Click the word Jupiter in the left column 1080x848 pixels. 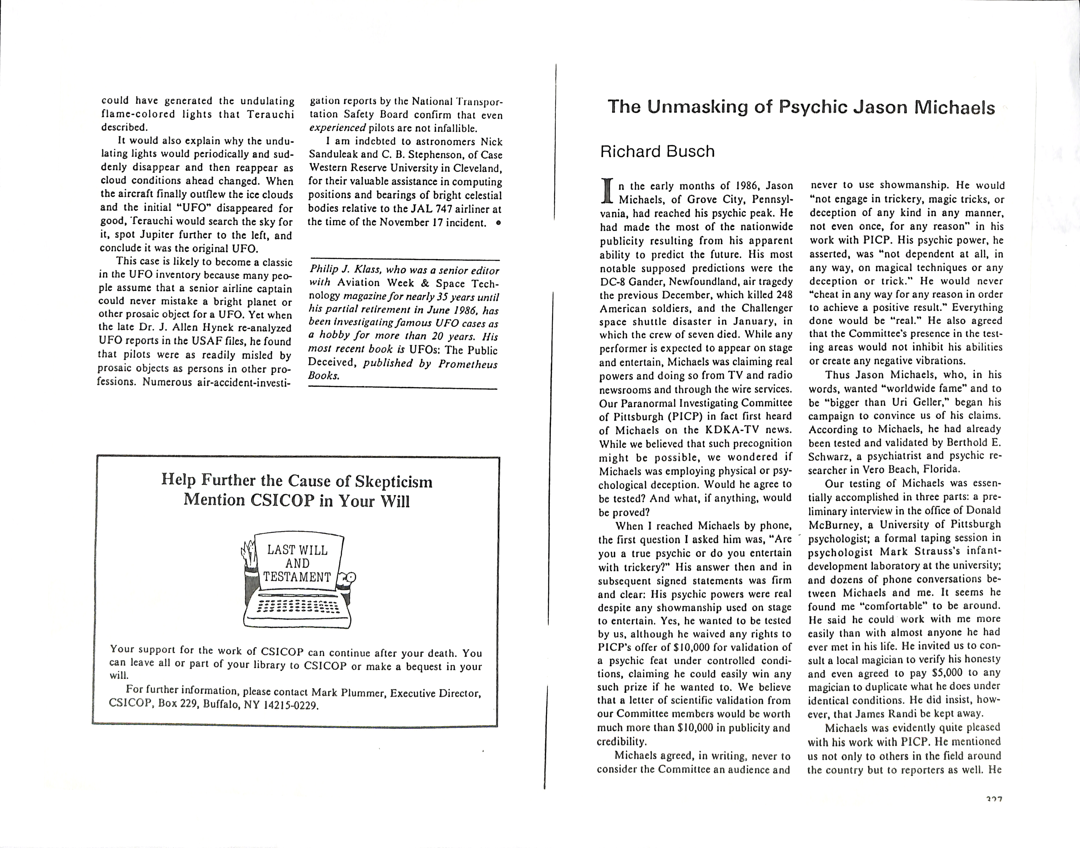[x=157, y=235]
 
